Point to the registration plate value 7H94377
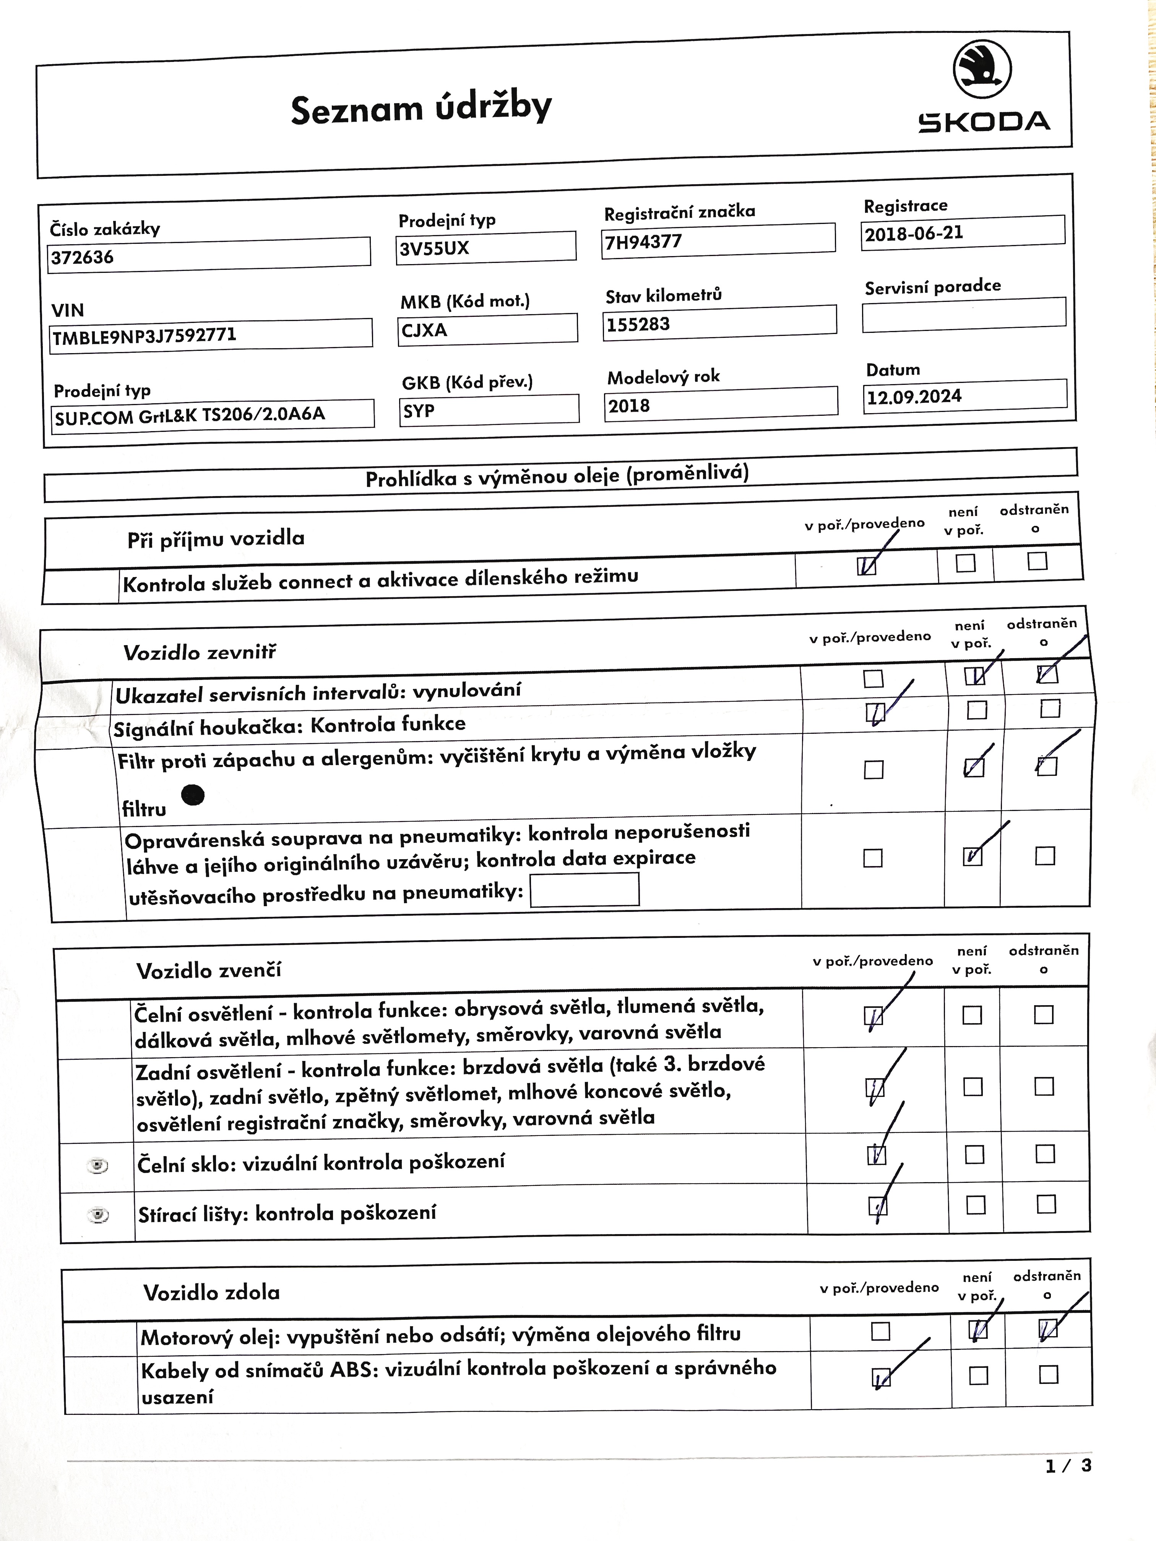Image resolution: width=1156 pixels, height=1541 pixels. pyautogui.click(x=717, y=240)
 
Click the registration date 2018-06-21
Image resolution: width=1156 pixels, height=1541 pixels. pyautogui.click(x=962, y=232)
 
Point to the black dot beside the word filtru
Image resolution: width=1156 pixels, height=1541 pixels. pyautogui.click(x=193, y=794)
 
